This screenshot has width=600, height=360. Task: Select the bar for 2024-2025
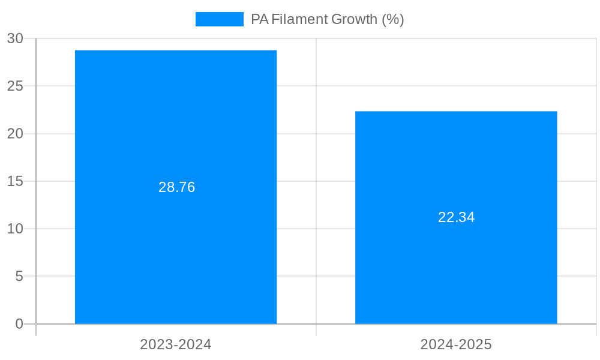[456, 270]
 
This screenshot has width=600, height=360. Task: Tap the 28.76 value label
[177, 187]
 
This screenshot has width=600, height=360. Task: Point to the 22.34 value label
[457, 217]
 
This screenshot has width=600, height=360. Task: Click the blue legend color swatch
[219, 19]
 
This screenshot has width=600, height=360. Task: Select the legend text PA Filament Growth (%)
[328, 19]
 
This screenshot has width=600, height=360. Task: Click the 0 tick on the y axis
[19, 324]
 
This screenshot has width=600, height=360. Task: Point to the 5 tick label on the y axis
[19, 277]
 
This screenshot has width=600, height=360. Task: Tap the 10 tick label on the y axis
[15, 229]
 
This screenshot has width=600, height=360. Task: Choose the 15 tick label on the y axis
[15, 181]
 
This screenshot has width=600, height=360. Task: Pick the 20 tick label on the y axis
[15, 134]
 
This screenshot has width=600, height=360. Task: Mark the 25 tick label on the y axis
[15, 86]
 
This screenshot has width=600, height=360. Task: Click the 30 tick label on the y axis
[15, 39]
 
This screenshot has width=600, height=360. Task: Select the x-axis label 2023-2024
[176, 345]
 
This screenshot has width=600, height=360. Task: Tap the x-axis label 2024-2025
[456, 345]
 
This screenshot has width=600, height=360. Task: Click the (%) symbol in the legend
[393, 19]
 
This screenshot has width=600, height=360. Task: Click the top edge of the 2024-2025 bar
[456, 112]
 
